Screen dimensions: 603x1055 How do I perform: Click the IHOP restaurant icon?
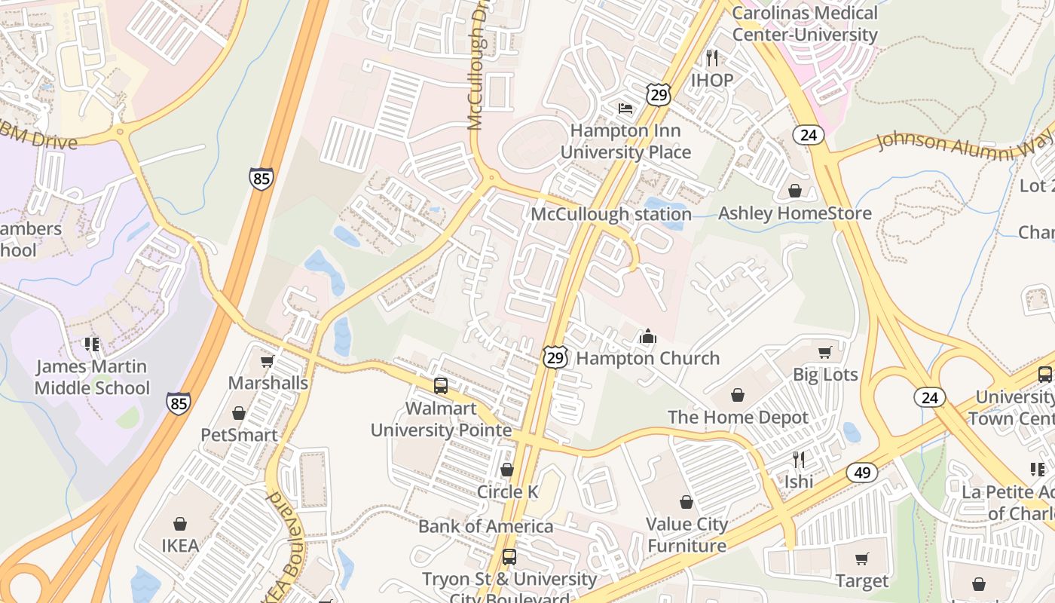(711, 57)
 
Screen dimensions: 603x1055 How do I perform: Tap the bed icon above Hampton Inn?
(625, 109)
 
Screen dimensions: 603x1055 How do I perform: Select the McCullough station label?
(611, 214)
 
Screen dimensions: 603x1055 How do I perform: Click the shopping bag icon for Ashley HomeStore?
(794, 191)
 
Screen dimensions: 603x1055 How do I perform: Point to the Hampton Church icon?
(647, 336)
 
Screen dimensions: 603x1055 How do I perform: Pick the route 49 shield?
(861, 473)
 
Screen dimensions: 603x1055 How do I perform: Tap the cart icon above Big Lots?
(825, 352)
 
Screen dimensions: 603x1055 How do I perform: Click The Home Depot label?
(738, 417)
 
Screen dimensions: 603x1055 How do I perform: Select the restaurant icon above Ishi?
(798, 459)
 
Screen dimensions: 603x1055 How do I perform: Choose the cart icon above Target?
(861, 559)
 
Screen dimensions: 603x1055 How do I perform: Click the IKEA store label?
(180, 545)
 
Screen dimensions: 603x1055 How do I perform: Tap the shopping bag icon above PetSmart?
(239, 413)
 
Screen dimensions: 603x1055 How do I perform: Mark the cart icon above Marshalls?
(268, 361)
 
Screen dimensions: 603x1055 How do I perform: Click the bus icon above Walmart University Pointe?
(441, 386)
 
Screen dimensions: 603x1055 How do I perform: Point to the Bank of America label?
(485, 526)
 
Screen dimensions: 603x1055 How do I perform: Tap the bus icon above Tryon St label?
(509, 557)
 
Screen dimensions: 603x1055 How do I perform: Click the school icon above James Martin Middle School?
(92, 344)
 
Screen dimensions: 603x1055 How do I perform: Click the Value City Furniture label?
(687, 534)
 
